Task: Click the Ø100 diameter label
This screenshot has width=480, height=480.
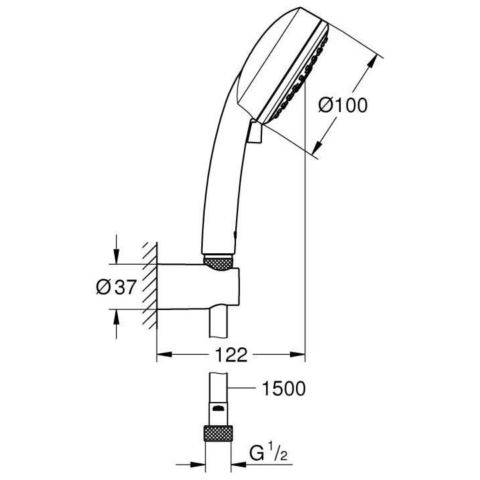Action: point(343,106)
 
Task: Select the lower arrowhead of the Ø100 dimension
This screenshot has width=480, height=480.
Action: point(319,149)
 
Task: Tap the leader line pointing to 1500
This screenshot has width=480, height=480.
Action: point(243,387)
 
